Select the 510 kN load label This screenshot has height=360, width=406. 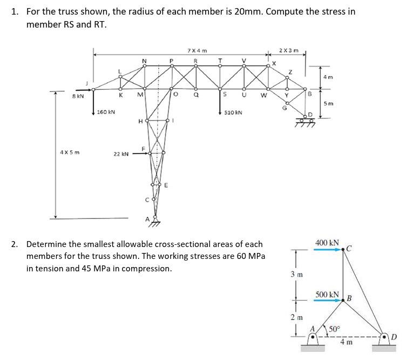233,112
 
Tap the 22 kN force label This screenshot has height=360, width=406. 121,154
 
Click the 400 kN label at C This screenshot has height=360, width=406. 327,243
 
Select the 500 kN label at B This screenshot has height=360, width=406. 327,295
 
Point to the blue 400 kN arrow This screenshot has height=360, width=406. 329,250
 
